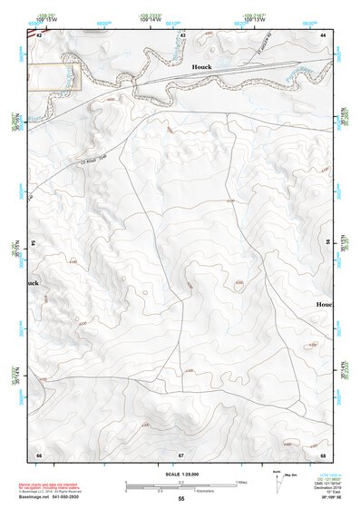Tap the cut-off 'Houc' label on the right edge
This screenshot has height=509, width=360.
tap(324, 304)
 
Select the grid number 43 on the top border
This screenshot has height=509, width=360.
tap(181, 34)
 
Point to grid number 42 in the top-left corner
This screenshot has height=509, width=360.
tap(39, 34)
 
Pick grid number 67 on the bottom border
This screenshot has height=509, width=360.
tap(181, 454)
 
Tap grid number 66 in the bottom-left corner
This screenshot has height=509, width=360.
tap(39, 454)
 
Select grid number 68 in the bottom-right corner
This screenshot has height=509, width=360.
tap(323, 454)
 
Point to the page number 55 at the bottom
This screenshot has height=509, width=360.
tap(181, 499)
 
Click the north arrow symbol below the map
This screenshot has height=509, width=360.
tap(275, 479)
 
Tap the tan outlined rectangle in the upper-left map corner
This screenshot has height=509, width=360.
tap(55, 76)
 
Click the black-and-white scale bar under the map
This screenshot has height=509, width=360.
tap(181, 485)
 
